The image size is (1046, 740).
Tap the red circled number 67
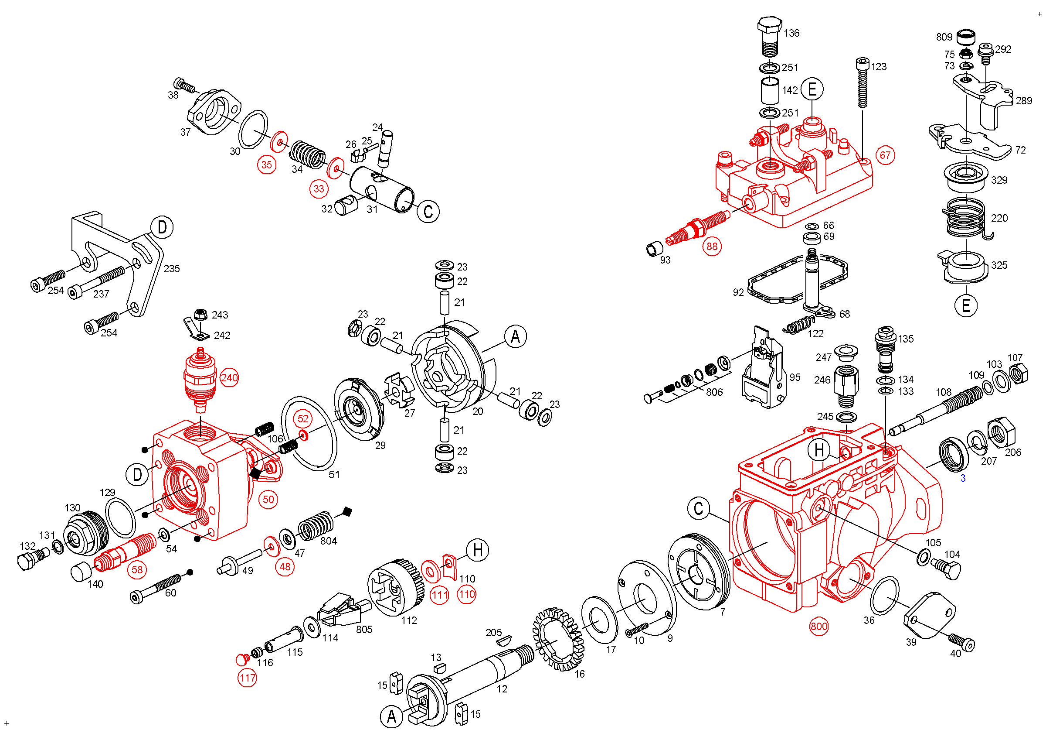click(885, 155)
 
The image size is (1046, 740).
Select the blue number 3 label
click(963, 478)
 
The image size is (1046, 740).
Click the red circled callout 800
click(818, 627)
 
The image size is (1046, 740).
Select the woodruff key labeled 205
click(504, 641)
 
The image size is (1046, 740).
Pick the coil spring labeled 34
click(308, 154)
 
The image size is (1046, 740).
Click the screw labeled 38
click(184, 85)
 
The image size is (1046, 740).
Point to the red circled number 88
click(712, 247)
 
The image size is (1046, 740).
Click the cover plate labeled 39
click(930, 616)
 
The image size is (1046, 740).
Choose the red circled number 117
click(247, 678)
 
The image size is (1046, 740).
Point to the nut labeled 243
click(200, 315)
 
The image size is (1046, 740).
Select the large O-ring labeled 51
click(309, 433)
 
